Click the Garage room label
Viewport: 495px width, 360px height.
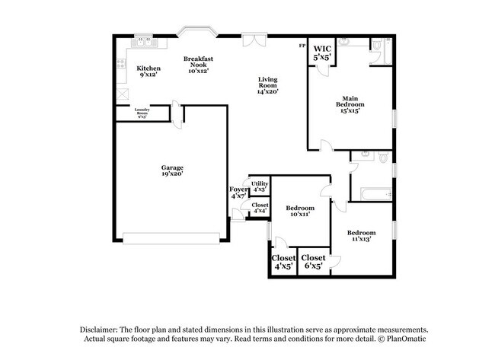coord(171,170)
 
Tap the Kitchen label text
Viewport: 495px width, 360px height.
coord(148,72)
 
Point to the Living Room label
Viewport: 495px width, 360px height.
coord(268,85)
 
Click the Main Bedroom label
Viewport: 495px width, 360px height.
coord(350,104)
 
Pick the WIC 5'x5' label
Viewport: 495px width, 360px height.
coord(323,53)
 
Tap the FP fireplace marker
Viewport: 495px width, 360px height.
coord(302,46)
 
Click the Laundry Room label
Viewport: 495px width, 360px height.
coord(142,113)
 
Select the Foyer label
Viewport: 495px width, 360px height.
coord(239,193)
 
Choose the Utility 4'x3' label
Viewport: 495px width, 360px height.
coord(260,186)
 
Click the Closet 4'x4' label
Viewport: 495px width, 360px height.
coord(260,207)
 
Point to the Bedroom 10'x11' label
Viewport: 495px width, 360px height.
coord(301,211)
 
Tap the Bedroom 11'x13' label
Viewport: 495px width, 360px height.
coord(362,235)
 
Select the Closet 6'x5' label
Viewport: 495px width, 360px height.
coord(314,262)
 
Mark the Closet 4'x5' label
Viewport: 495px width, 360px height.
coord(283,262)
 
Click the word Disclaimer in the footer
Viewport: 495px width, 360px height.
coord(101,329)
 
